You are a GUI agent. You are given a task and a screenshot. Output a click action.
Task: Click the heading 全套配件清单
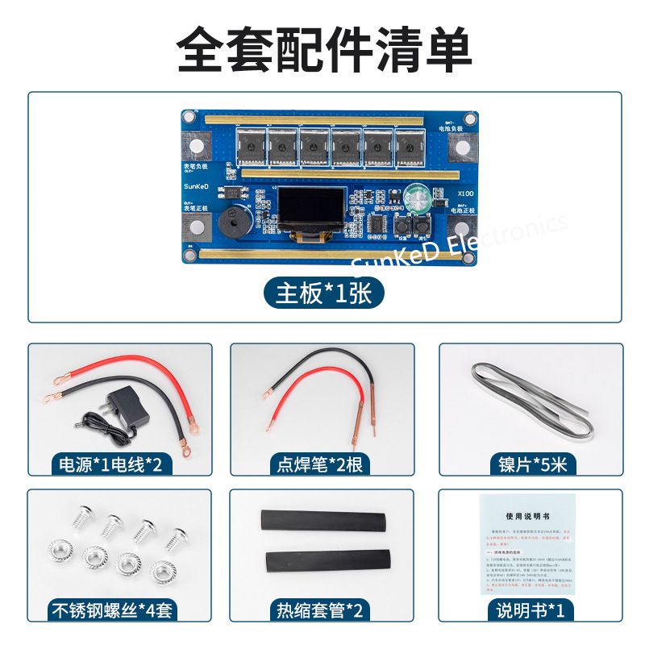[323, 50]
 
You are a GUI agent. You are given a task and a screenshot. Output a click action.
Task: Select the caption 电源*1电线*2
[111, 464]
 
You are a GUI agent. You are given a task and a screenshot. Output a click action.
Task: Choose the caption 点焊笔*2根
[321, 464]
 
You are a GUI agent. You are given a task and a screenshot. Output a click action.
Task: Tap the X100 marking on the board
[465, 193]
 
